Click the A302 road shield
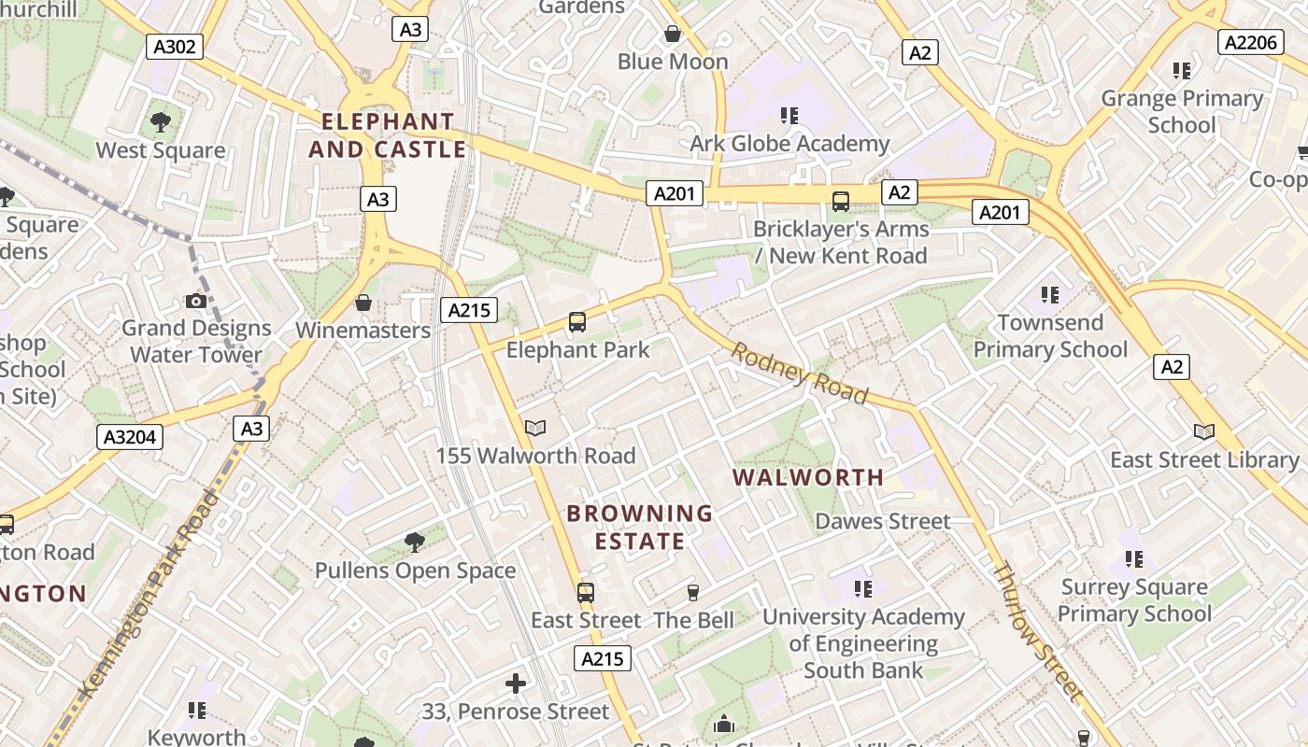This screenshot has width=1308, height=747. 175,47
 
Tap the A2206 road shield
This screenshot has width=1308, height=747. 1249,42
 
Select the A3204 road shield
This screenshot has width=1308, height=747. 130,436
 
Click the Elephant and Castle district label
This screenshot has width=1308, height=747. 387,135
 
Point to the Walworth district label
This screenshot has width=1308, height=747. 808,477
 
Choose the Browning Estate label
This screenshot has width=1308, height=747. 639,527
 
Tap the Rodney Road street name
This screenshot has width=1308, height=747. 799,373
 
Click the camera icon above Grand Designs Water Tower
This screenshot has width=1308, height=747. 196,301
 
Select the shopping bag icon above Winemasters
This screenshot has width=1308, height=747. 363,303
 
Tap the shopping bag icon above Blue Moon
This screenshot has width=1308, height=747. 672,35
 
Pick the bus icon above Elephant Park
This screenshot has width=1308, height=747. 577,323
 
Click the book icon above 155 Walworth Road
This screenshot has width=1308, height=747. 535,429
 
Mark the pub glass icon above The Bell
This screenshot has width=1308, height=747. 693,593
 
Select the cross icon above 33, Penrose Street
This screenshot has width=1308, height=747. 515,684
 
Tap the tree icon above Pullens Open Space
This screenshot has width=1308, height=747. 415,543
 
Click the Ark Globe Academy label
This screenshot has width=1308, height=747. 789,144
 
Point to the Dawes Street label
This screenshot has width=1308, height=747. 883,521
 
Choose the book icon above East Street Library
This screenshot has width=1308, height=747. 1204,432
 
